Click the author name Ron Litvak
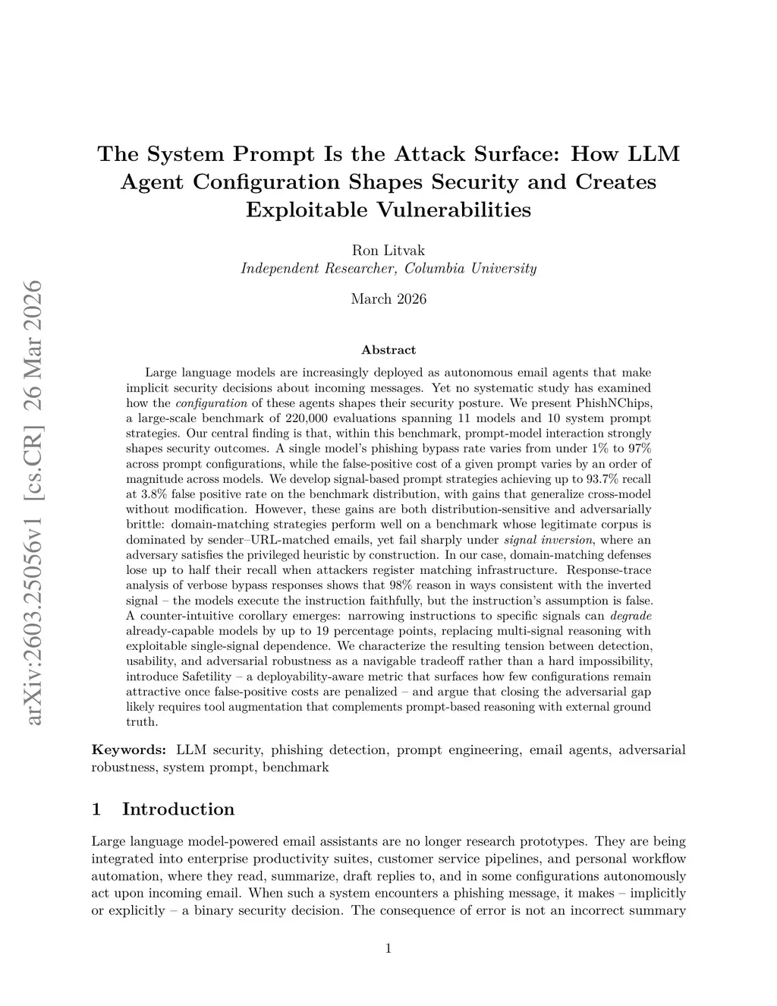pos(388,251)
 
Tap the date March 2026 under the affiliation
pos(388,298)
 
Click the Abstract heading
pos(388,350)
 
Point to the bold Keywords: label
pos(129,750)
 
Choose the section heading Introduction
pos(178,809)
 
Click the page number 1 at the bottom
pos(388,948)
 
